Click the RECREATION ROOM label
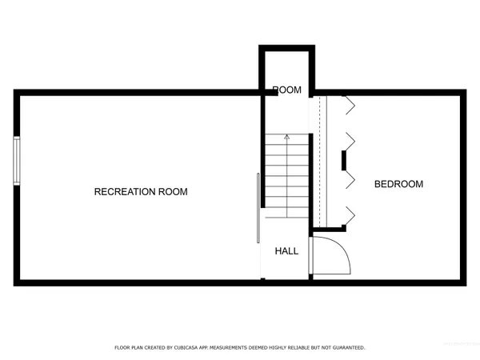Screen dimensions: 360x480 tap(141, 191)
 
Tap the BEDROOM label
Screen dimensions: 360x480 tap(398, 184)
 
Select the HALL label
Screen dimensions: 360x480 tap(286, 251)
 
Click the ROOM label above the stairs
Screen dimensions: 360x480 tap(286, 90)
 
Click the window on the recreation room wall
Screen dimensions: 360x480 tap(17, 161)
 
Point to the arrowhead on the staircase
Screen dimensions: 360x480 tap(286, 138)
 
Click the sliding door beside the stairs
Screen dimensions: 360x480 tap(258, 208)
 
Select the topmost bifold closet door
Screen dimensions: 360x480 tap(350, 102)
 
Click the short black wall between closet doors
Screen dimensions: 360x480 tap(345, 161)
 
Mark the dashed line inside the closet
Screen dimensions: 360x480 tap(320, 160)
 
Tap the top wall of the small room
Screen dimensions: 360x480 tap(286, 48)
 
